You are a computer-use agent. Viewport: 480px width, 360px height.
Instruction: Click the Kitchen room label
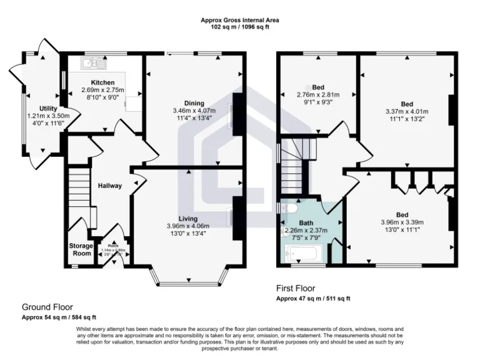102,82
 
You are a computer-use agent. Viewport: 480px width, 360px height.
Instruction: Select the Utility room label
48,109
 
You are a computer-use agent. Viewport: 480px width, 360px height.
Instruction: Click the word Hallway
110,186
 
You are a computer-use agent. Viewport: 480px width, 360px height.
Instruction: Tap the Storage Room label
81,249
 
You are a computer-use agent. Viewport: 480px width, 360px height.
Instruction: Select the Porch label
113,246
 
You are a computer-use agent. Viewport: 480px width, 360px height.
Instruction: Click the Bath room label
306,222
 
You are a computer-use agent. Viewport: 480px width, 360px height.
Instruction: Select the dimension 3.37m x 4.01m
407,111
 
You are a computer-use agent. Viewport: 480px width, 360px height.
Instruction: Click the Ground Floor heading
47,307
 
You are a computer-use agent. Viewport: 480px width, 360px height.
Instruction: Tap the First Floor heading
296,288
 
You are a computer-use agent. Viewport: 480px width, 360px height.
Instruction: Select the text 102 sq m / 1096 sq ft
240,27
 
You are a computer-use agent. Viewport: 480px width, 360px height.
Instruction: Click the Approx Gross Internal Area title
240,20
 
